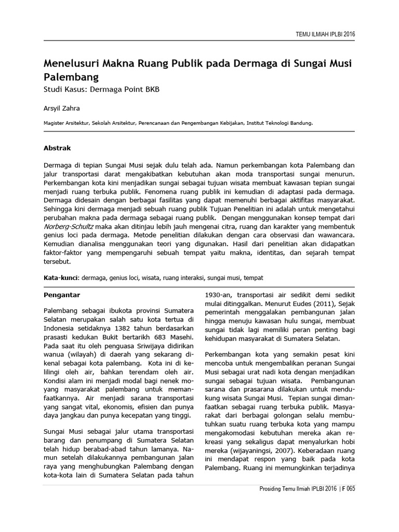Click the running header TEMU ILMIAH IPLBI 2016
[x=326, y=34]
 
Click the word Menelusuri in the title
[x=74, y=64]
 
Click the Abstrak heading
[x=57, y=148]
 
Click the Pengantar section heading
[x=61, y=295]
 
